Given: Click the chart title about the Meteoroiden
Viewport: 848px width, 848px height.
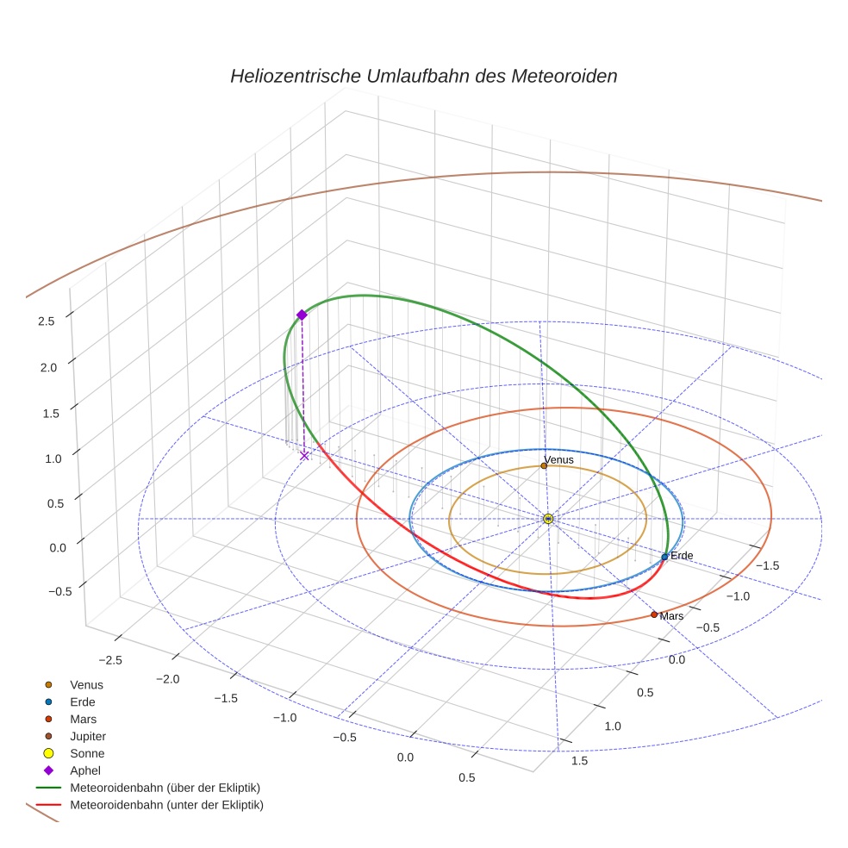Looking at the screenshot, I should tap(423, 76).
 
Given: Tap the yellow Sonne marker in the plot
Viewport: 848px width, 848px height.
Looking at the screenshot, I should tap(548, 519).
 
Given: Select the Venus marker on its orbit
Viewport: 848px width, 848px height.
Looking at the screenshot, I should tap(544, 466).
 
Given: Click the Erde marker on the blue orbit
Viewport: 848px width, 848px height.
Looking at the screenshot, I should tap(664, 557).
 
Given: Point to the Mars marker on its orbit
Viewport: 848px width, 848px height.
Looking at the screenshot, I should tap(654, 614).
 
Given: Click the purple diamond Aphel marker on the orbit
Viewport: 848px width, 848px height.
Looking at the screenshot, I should tap(302, 315).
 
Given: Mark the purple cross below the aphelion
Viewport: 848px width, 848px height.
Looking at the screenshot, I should tap(304, 456).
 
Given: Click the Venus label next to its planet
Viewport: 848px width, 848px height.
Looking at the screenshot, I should tap(559, 460).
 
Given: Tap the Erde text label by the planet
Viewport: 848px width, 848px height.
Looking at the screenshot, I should tap(682, 555).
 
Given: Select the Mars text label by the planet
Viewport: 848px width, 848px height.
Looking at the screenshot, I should tap(671, 616).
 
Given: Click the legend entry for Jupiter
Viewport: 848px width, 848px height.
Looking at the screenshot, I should tap(88, 736).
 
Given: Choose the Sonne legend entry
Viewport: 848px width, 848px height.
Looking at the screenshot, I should tap(87, 753).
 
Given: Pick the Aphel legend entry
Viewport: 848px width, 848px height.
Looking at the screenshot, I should tap(85, 770).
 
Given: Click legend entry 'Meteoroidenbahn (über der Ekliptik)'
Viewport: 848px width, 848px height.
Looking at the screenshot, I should tap(165, 788).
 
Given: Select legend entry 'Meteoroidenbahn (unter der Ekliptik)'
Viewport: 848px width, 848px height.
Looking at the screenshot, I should tap(166, 805).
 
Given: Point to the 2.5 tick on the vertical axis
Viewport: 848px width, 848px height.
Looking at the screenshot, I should tap(47, 321).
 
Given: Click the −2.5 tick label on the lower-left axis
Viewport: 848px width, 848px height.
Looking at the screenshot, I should tap(109, 659).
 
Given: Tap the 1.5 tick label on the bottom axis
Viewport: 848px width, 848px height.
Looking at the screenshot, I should tap(579, 760).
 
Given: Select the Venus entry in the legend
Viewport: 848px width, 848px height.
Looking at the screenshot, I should tap(87, 684).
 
